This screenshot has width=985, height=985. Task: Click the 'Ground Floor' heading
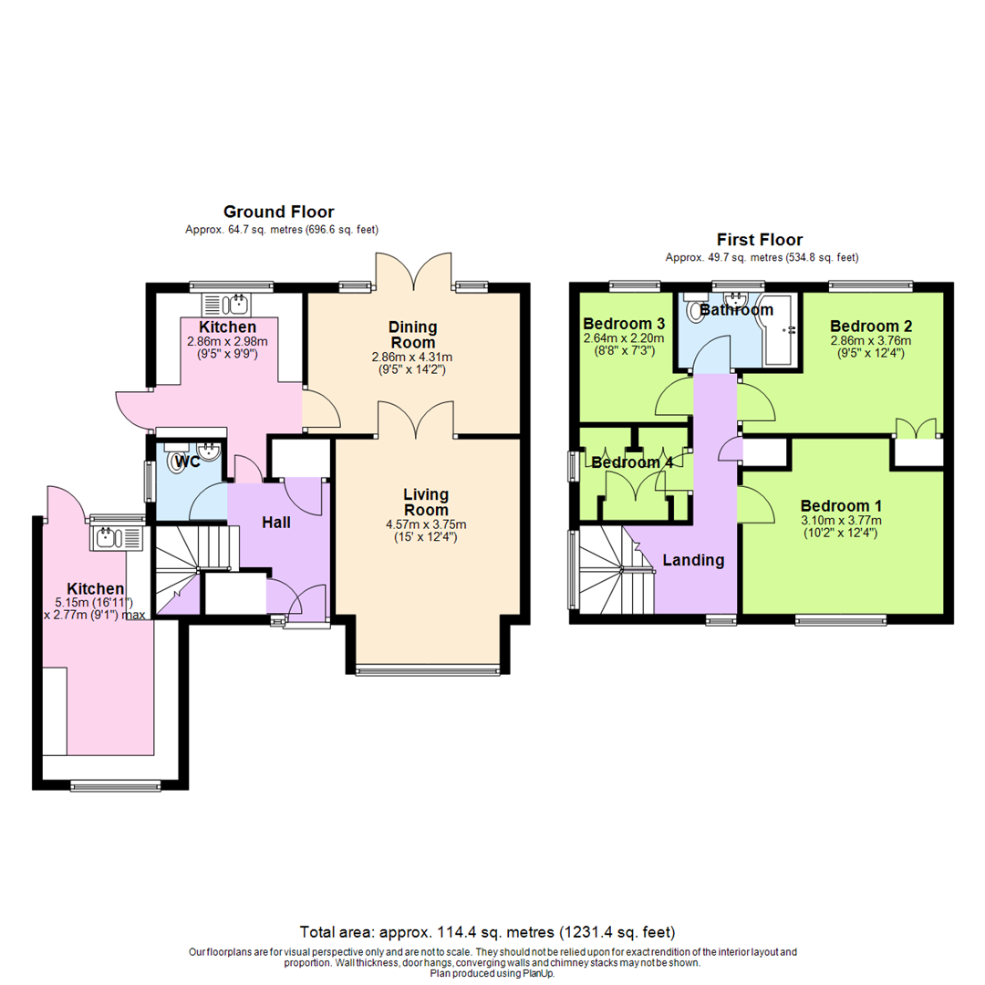[279, 212]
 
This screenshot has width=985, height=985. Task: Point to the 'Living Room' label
[426, 502]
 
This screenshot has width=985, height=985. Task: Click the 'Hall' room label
[276, 523]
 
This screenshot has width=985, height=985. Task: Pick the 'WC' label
[188, 461]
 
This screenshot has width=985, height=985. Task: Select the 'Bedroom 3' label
[624, 324]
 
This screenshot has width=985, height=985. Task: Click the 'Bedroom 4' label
[632, 462]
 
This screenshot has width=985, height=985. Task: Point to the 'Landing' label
[693, 560]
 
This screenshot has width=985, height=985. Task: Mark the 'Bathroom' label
[736, 310]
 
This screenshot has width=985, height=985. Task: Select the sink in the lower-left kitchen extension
[117, 537]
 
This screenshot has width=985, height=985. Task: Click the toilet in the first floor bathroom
[700, 312]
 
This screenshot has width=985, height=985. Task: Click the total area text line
[487, 932]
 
